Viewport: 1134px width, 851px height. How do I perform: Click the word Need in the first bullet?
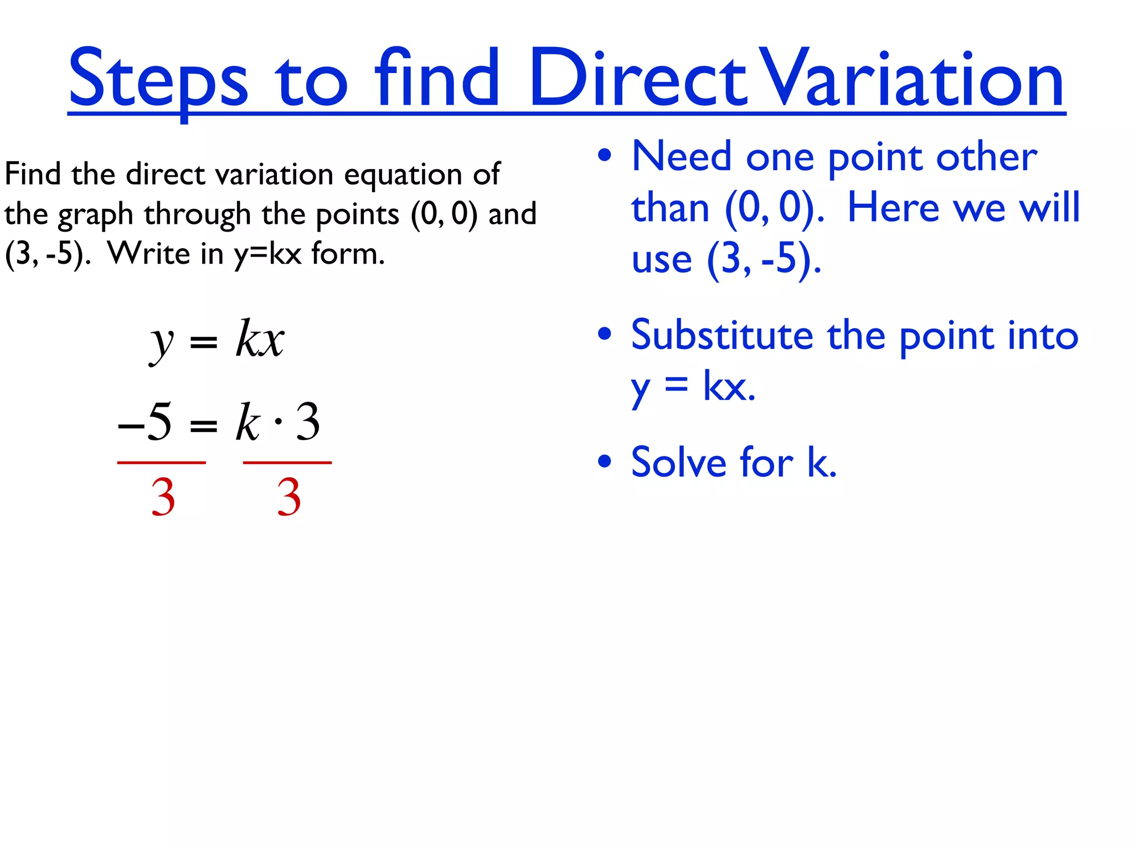[682, 157]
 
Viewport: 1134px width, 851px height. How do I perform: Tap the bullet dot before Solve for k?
[605, 461]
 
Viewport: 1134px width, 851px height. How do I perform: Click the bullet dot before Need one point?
[605, 156]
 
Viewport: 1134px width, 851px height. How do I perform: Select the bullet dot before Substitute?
[605, 334]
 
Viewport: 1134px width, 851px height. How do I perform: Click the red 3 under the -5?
[163, 497]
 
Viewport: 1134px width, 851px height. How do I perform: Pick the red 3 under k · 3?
[288, 497]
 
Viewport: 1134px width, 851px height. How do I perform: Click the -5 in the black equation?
[145, 422]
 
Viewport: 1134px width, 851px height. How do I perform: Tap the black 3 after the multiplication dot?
[308, 422]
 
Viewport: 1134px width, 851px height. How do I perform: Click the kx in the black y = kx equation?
[259, 339]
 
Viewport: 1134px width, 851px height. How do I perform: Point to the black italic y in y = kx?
[162, 342]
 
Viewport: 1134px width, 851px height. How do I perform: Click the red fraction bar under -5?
[161, 462]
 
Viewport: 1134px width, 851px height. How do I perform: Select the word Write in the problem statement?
[149, 254]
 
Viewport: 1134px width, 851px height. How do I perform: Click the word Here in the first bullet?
[893, 208]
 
